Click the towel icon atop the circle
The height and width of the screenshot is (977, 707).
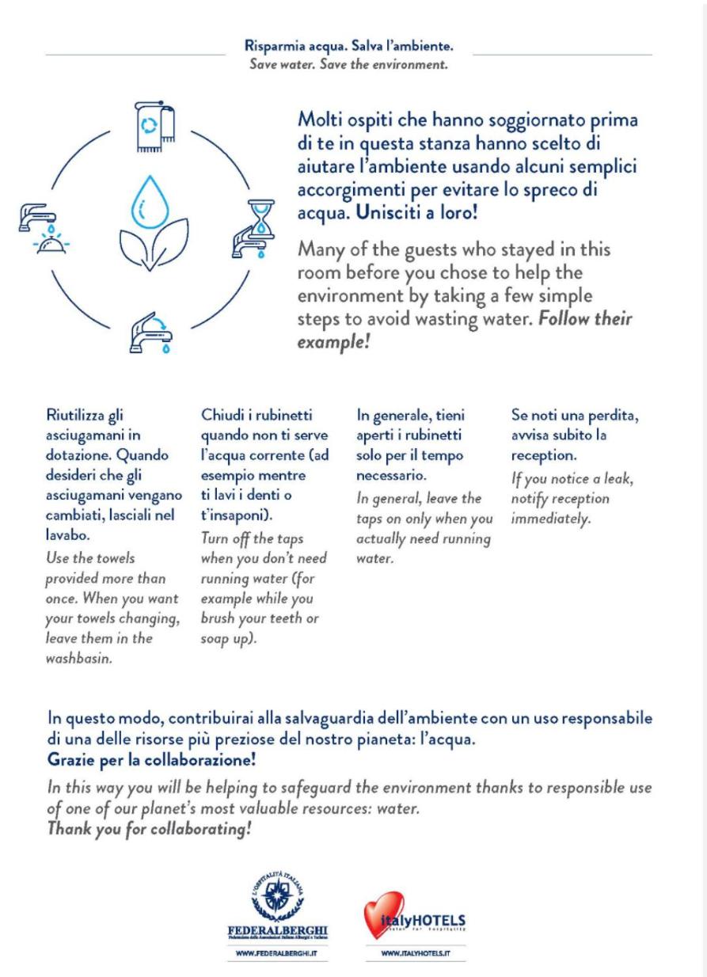pyautogui.click(x=154, y=125)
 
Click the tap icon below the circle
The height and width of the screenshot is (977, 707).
pyautogui.click(x=151, y=331)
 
